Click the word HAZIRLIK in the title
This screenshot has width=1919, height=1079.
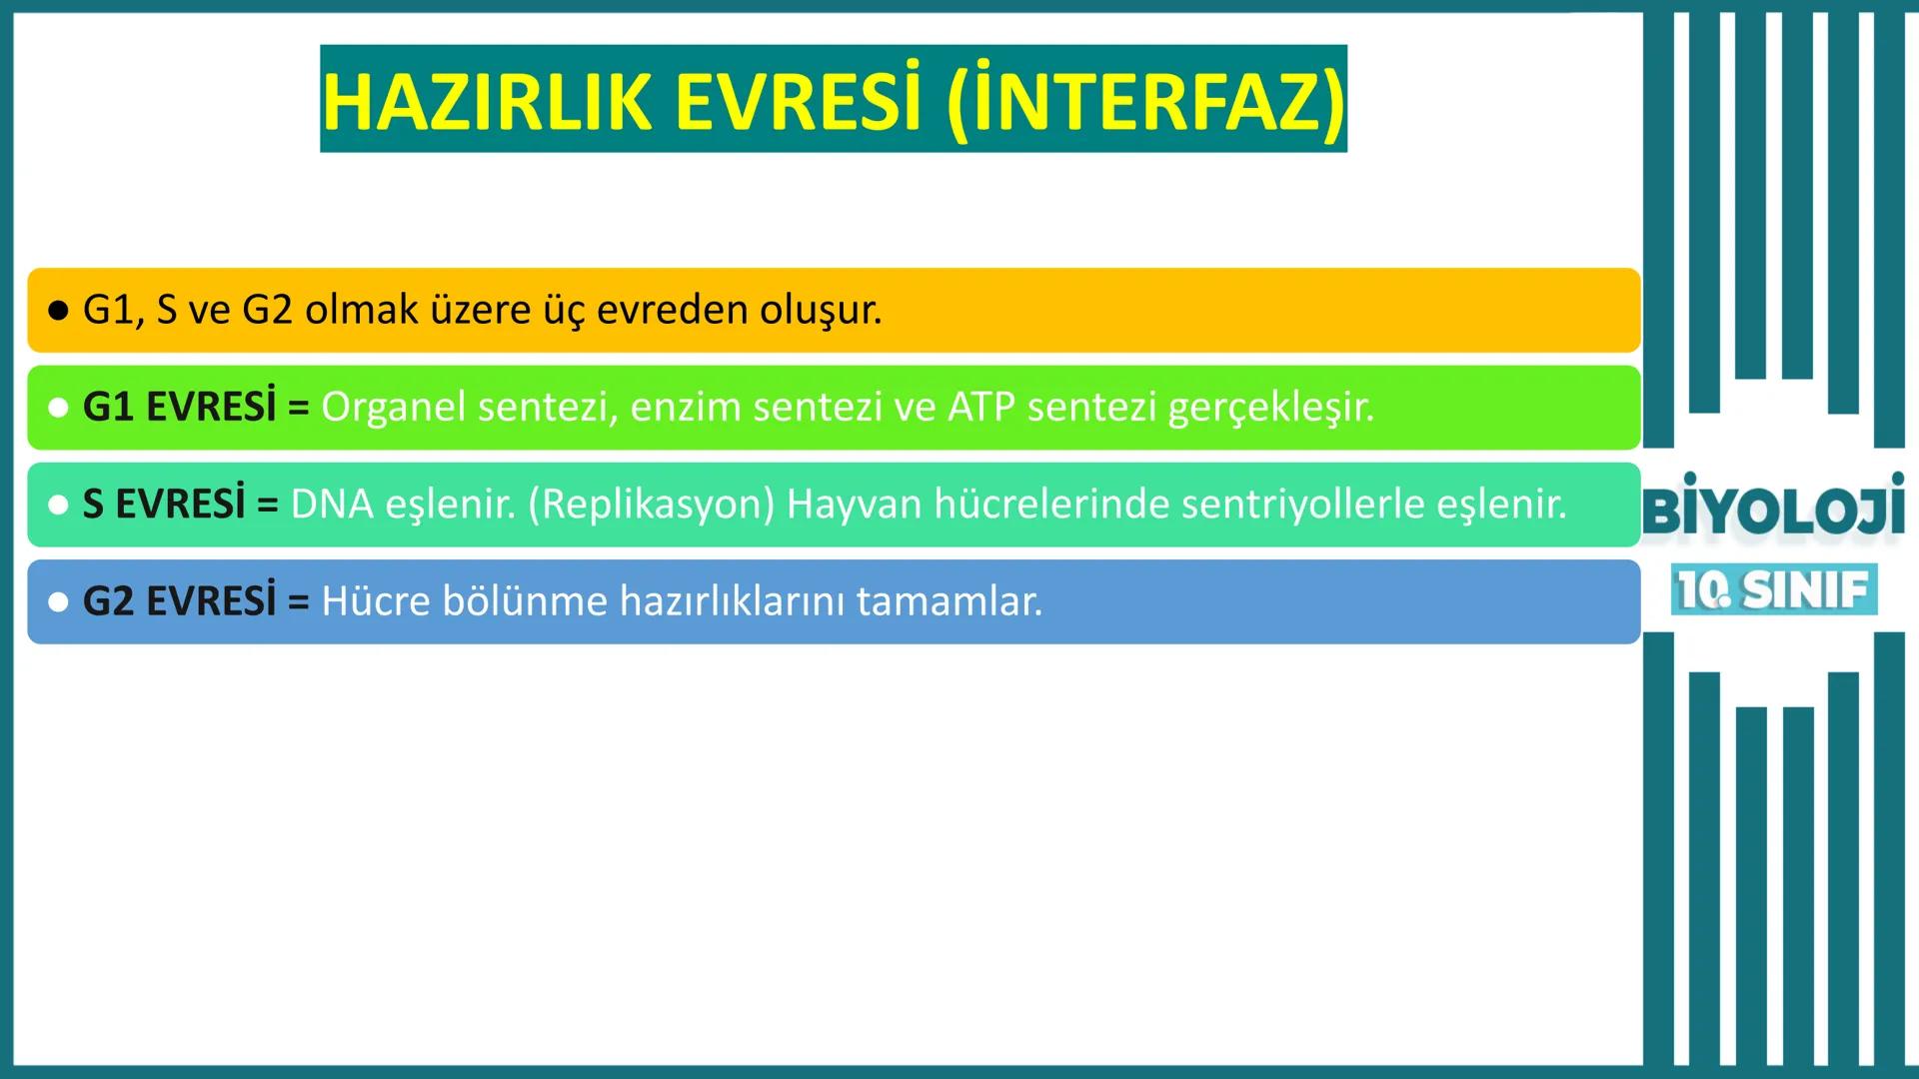tap(487, 102)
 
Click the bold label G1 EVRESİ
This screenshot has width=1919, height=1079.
tap(179, 407)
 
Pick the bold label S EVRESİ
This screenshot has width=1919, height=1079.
tap(163, 504)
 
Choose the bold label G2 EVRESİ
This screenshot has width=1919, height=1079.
tap(179, 600)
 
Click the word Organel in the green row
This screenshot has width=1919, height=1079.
tap(393, 407)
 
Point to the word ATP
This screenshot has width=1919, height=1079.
tap(981, 407)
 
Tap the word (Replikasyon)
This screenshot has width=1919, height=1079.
tap(651, 505)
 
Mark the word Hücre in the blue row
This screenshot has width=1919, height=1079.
tap(376, 600)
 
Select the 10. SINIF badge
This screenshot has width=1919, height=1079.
tap(1773, 589)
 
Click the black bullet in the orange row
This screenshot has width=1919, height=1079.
tap(58, 311)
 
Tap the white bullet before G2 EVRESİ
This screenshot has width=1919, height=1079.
tap(58, 601)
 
